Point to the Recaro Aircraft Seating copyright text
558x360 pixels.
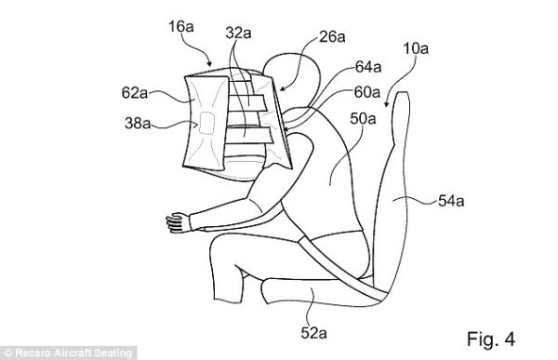(70, 353)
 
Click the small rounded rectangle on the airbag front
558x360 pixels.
(208, 124)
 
